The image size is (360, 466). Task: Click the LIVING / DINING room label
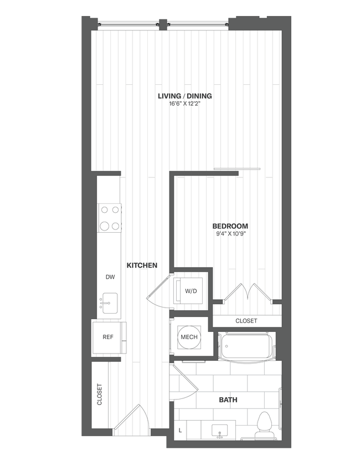(184, 96)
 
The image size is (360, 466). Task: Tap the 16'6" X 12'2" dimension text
(184, 104)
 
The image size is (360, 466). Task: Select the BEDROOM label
(230, 226)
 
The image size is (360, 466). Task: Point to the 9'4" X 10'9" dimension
(230, 234)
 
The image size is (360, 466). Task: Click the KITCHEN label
(142, 265)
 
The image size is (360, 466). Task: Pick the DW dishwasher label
(110, 276)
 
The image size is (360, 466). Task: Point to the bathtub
(245, 346)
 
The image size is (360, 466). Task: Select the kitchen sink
(109, 304)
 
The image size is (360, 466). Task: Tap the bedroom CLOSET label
(246, 321)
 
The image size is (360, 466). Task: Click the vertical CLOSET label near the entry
(100, 395)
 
